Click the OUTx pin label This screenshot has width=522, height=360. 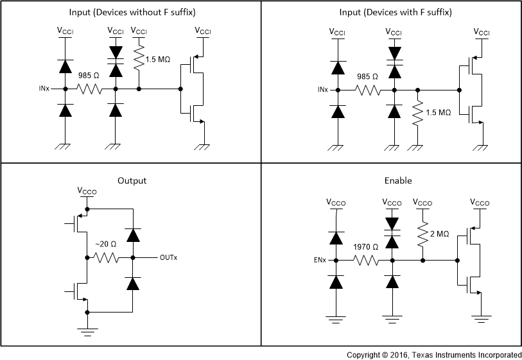(x=168, y=258)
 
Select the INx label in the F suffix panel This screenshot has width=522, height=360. (x=323, y=89)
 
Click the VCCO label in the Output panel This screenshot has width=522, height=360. (x=87, y=191)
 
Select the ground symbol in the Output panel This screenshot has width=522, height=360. (x=87, y=330)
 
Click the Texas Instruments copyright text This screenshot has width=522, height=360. (x=434, y=354)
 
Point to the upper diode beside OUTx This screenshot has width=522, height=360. (x=132, y=235)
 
